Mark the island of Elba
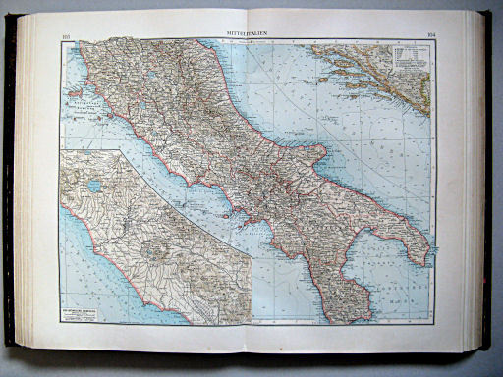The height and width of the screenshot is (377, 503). pyautogui.click(x=74, y=97)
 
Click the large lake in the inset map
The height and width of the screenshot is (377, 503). pyautogui.click(x=94, y=185)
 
